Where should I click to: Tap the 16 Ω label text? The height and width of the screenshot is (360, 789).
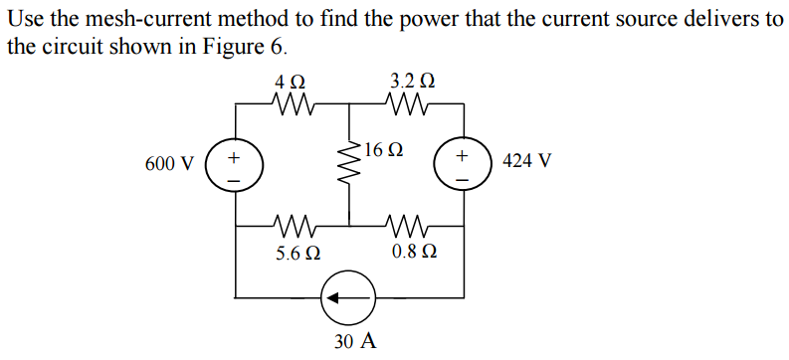pyautogui.click(x=384, y=151)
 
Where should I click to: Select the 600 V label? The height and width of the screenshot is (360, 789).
pyautogui.click(x=169, y=163)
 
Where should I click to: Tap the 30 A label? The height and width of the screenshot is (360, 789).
pyautogui.click(x=355, y=341)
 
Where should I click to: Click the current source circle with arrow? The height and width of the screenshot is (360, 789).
pyautogui.click(x=348, y=296)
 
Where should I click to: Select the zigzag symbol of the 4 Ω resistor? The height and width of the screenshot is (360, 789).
pyautogui.click(x=293, y=101)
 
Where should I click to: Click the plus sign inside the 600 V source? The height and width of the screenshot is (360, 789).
pyautogui.click(x=234, y=155)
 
